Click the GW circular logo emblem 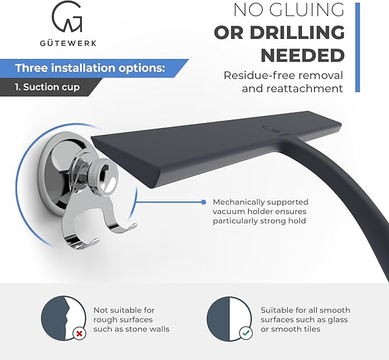point(67,17)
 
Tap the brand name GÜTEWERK point(68,43)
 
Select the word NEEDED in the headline point(302,56)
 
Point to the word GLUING point(307,10)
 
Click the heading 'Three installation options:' point(90,68)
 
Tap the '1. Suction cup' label point(47,87)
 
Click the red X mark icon point(80,334)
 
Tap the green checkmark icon point(246,333)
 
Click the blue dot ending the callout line point(203,202)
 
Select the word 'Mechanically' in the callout point(237,202)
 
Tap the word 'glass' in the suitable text point(337,320)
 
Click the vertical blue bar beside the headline point(357,48)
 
